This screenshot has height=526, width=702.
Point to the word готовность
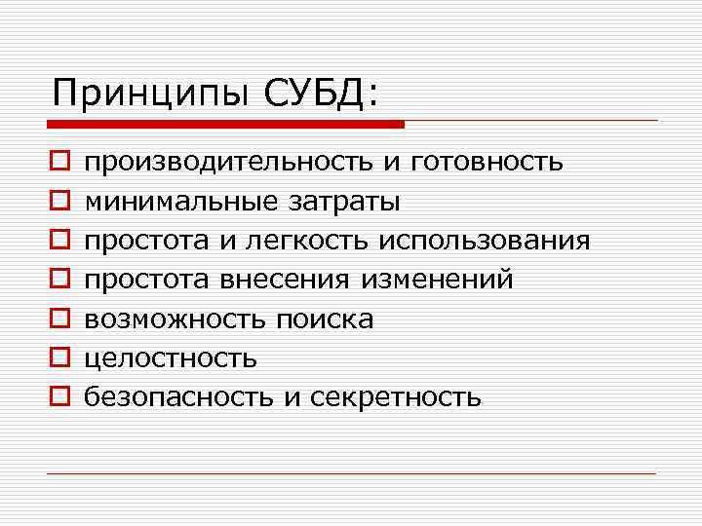click(x=487, y=163)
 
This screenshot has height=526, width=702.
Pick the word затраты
click(x=338, y=203)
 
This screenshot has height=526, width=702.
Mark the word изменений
click(x=437, y=280)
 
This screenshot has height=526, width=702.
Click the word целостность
click(x=172, y=357)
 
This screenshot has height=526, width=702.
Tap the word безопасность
click(x=176, y=397)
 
